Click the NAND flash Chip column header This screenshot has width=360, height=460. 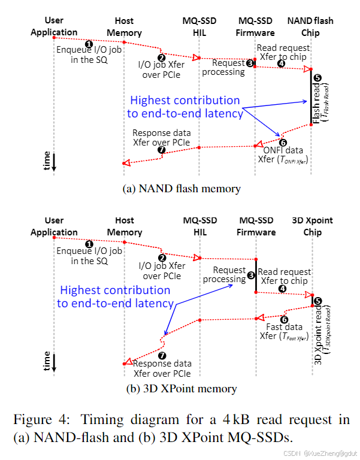[x=310, y=26]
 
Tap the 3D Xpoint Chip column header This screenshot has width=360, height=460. [x=312, y=226]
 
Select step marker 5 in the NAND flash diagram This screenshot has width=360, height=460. [x=317, y=78]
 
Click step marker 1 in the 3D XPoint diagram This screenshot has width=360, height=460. [x=89, y=244]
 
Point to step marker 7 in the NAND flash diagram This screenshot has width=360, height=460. [x=161, y=150]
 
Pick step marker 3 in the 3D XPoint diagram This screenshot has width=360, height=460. [x=251, y=275]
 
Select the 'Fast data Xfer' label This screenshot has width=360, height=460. [x=285, y=332]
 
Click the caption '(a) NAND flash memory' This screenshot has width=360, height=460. [x=181, y=189]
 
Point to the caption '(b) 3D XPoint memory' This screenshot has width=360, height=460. [x=181, y=389]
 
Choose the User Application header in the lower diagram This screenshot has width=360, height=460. [x=54, y=226]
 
